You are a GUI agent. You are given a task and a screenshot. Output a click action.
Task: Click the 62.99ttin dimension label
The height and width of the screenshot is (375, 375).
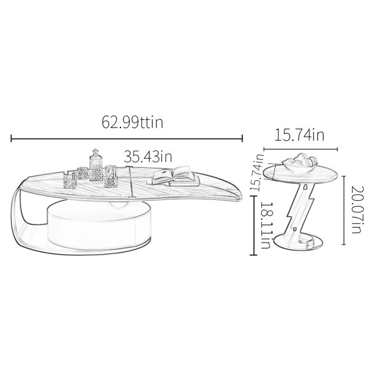tap(132, 122)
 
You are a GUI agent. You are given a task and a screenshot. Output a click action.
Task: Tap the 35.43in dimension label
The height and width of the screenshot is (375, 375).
tap(147, 156)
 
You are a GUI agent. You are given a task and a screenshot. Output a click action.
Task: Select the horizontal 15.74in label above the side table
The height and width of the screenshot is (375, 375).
tap(299, 135)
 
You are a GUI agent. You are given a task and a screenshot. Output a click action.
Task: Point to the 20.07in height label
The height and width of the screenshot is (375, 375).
tap(357, 209)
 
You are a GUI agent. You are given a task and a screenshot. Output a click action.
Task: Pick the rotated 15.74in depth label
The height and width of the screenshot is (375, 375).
tap(257, 172)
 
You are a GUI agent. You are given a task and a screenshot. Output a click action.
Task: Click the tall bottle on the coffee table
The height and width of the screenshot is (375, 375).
tap(96, 165)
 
